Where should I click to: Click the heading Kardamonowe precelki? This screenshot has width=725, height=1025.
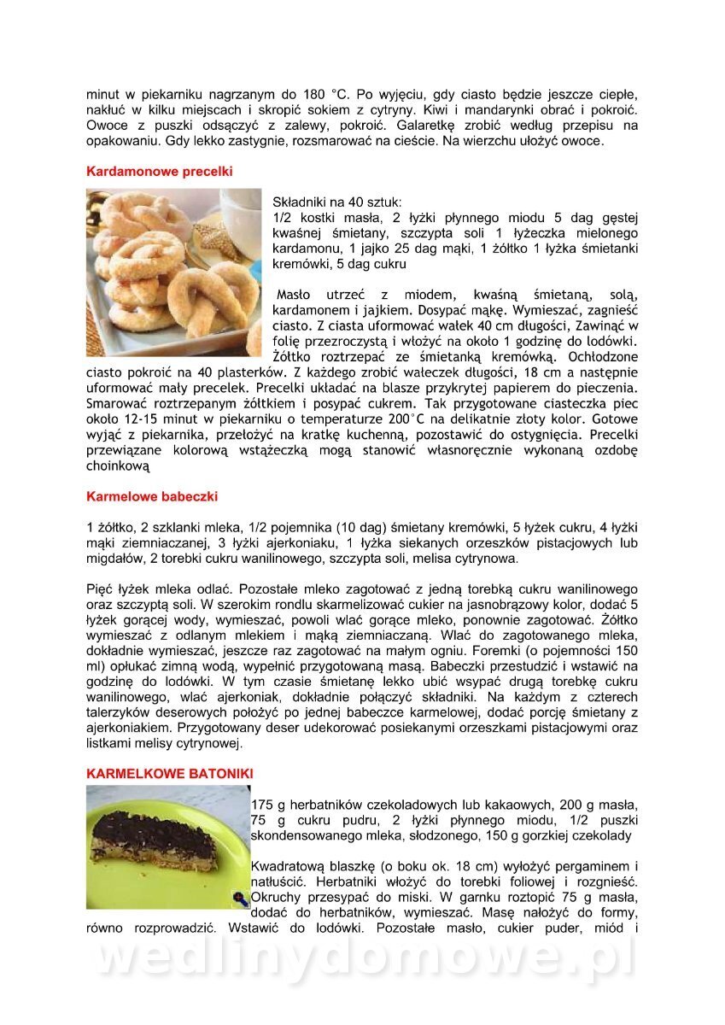pos(160,172)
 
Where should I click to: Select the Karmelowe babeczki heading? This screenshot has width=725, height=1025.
pos(152,495)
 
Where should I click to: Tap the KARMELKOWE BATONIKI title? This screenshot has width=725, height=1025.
pos(169,773)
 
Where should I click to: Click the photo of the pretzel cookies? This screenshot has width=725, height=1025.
pos(173,272)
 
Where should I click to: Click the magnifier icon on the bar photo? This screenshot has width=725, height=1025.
pos(241,899)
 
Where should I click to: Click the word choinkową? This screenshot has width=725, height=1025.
pos(118,466)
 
